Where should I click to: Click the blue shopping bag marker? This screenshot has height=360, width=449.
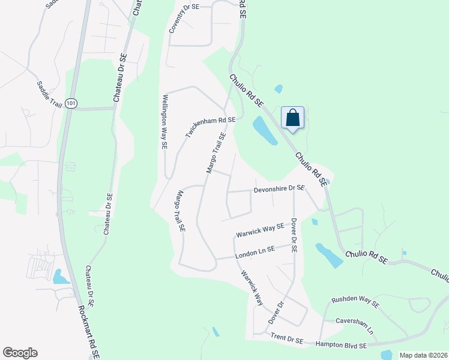pyautogui.click(x=292, y=118)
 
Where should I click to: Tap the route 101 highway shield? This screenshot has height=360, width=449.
pyautogui.click(x=71, y=103)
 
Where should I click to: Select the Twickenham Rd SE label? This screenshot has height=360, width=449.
pyautogui.click(x=210, y=127)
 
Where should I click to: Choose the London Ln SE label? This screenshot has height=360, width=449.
pyautogui.click(x=255, y=252)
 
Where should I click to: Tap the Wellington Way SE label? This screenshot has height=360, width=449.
pyautogui.click(x=164, y=121)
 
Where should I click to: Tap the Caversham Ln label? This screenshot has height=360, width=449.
pyautogui.click(x=354, y=326)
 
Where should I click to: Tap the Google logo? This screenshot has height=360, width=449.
pyautogui.click(x=20, y=353)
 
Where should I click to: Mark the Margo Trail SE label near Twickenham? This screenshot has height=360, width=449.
pyautogui.click(x=216, y=154)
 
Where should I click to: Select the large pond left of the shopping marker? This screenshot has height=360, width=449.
pyautogui.click(x=265, y=131)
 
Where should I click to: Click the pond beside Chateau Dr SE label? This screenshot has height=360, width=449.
pyautogui.click(x=61, y=277)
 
